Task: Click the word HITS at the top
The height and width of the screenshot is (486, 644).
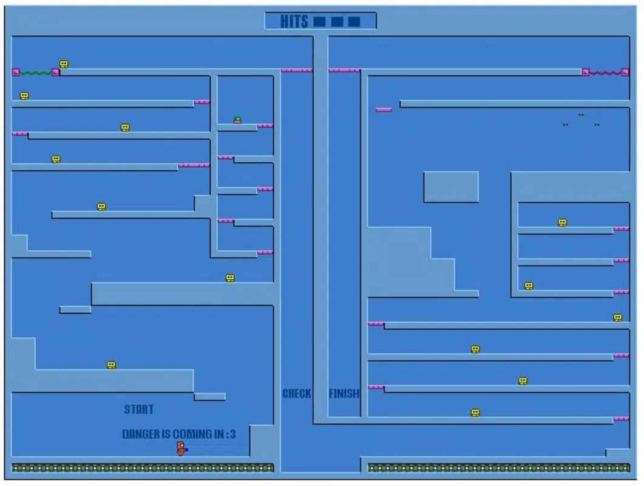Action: click(x=294, y=21)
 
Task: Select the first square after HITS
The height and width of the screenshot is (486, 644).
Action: click(x=319, y=21)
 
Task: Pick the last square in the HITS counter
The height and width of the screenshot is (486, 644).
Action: click(x=354, y=21)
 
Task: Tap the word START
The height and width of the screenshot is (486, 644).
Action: click(x=139, y=409)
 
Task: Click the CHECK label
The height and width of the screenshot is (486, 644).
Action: click(x=297, y=394)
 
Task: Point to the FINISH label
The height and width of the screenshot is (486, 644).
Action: click(x=344, y=394)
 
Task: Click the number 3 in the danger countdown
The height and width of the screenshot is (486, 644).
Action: click(x=233, y=434)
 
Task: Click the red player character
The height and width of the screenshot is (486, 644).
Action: click(x=181, y=448)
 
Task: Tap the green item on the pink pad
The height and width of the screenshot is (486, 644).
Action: click(x=237, y=119)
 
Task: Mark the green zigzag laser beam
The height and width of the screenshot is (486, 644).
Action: click(x=36, y=73)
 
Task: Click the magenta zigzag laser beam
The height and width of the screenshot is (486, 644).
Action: click(x=605, y=73)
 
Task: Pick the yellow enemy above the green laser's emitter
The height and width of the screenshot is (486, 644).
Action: click(x=64, y=64)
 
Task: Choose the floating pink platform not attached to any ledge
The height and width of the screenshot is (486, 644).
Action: click(x=384, y=110)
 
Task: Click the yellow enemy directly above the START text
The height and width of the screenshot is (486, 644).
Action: click(x=111, y=365)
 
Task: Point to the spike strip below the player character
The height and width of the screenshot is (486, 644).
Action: click(x=143, y=468)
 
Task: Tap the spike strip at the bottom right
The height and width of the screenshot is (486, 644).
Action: click(x=498, y=468)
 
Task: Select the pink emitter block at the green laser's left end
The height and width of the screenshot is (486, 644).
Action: click(x=16, y=72)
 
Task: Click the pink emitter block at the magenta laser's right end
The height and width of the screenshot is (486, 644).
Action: click(x=625, y=72)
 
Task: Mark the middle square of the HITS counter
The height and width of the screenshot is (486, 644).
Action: click(x=337, y=21)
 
